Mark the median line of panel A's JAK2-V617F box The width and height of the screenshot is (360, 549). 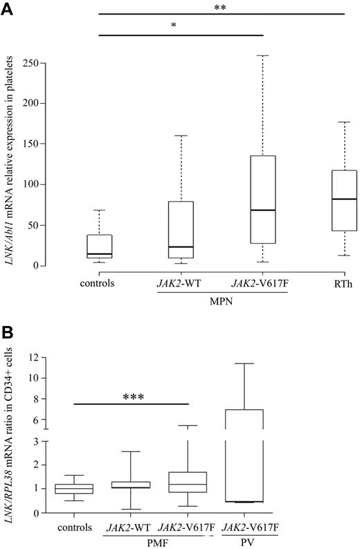[x=263, y=210]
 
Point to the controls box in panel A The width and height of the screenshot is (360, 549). [x=99, y=246]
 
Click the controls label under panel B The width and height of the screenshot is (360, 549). [x=75, y=528]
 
